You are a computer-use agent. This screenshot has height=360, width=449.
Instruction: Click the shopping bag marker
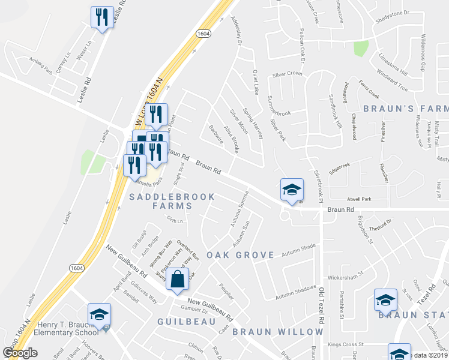[178, 280]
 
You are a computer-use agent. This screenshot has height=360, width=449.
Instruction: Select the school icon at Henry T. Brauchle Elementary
[100, 314]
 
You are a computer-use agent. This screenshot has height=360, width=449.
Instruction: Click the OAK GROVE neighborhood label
[240, 255]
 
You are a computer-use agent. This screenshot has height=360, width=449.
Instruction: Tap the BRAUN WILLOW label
[277, 332]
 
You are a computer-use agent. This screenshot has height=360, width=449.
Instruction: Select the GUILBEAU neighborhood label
[186, 322]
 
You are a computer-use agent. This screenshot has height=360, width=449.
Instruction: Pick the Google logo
[20, 353]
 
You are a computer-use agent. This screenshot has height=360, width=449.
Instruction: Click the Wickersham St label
[348, 278]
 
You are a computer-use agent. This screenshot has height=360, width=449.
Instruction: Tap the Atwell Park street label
[358, 199]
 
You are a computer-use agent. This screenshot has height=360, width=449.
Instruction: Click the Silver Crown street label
[287, 74]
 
